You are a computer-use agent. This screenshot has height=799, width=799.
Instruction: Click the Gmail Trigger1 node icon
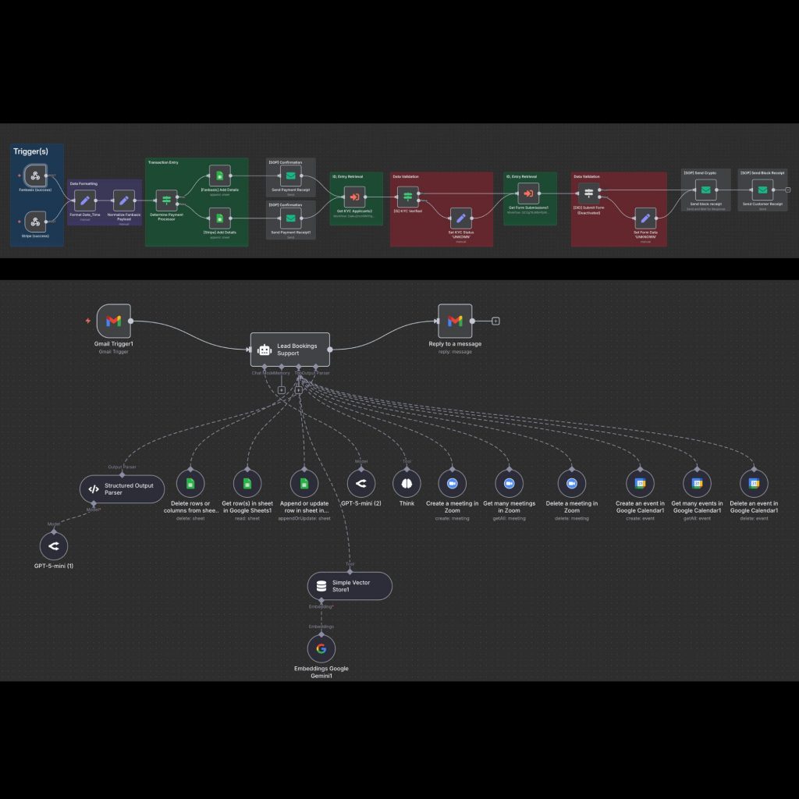pyautogui.click(x=113, y=321)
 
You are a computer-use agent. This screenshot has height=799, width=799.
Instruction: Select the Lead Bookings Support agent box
pyautogui.click(x=289, y=349)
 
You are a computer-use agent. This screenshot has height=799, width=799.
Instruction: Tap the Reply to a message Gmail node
pyautogui.click(x=455, y=321)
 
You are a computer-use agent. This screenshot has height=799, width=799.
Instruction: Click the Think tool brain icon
pyautogui.click(x=407, y=484)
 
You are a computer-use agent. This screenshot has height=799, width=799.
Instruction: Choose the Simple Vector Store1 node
pyautogui.click(x=350, y=585)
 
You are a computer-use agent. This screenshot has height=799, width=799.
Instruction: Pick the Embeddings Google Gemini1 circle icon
pyautogui.click(x=321, y=648)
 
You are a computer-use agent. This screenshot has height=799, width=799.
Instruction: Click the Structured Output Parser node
pyautogui.click(x=123, y=489)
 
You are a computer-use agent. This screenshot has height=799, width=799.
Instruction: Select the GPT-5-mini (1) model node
pyautogui.click(x=54, y=546)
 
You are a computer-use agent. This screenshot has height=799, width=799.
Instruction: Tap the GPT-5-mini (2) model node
pyautogui.click(x=360, y=484)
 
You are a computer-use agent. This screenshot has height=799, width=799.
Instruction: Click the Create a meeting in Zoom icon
pyautogui.click(x=452, y=484)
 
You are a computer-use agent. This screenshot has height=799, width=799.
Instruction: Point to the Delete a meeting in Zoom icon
pyautogui.click(x=572, y=484)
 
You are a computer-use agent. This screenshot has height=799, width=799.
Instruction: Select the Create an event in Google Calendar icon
pyautogui.click(x=640, y=484)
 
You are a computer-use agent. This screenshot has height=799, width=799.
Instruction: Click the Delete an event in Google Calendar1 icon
pyautogui.click(x=755, y=484)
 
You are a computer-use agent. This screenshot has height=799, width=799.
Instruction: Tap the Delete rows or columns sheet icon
pyautogui.click(x=190, y=484)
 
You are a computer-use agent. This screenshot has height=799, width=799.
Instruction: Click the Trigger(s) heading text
pyautogui.click(x=31, y=151)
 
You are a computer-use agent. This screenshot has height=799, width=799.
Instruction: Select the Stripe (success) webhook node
pyautogui.click(x=36, y=221)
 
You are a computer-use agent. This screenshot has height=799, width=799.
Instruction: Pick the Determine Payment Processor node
pyautogui.click(x=166, y=201)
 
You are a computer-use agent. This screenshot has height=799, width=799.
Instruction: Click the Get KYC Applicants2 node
pyautogui.click(x=355, y=197)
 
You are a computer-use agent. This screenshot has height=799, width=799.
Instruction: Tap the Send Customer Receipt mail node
pyautogui.click(x=762, y=190)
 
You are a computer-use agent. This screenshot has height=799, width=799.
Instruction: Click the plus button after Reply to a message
pyautogui.click(x=495, y=321)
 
